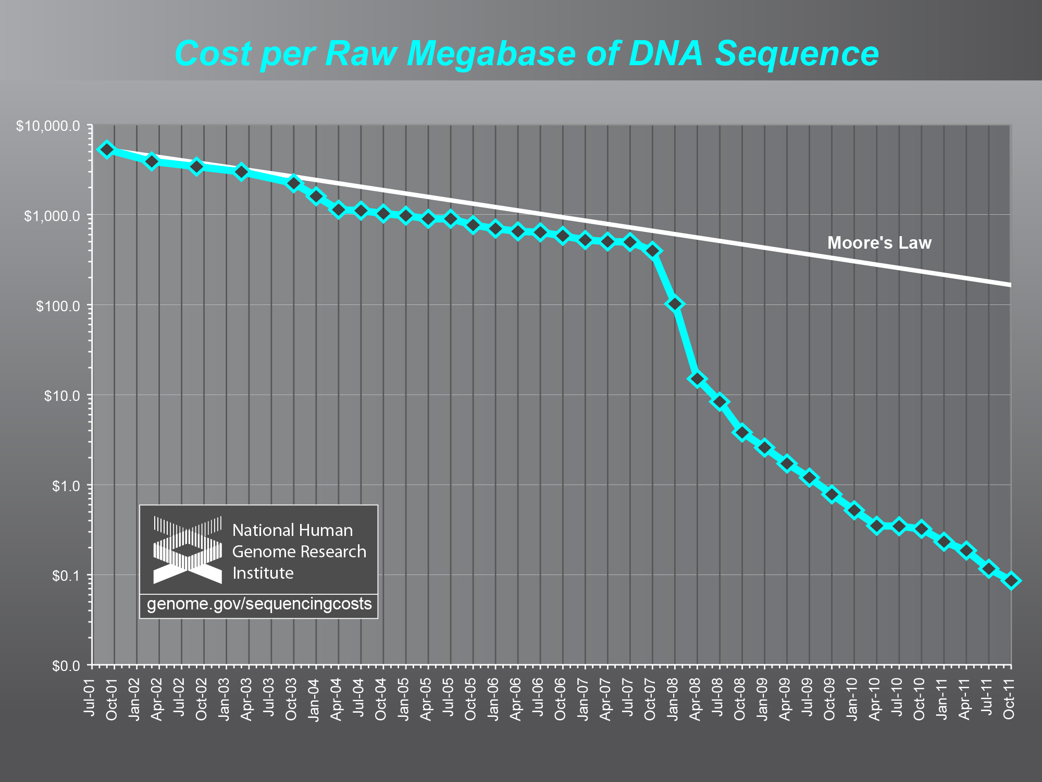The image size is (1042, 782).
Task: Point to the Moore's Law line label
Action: click(x=879, y=243)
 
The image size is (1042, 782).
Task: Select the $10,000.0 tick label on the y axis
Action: click(x=47, y=126)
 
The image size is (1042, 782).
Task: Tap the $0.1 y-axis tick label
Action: click(x=66, y=576)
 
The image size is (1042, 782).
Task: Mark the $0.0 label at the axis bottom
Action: click(x=66, y=666)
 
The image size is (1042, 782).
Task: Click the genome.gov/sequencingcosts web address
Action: click(x=259, y=604)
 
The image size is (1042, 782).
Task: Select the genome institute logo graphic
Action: click(x=187, y=549)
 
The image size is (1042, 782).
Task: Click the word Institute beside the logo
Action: click(x=263, y=573)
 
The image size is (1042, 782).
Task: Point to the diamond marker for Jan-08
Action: click(x=675, y=304)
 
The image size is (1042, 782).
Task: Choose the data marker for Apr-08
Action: click(x=697, y=378)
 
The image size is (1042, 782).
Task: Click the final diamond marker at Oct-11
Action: click(x=1011, y=581)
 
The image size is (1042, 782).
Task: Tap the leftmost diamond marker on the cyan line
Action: click(x=107, y=150)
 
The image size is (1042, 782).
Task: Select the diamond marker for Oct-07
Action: click(x=652, y=251)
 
